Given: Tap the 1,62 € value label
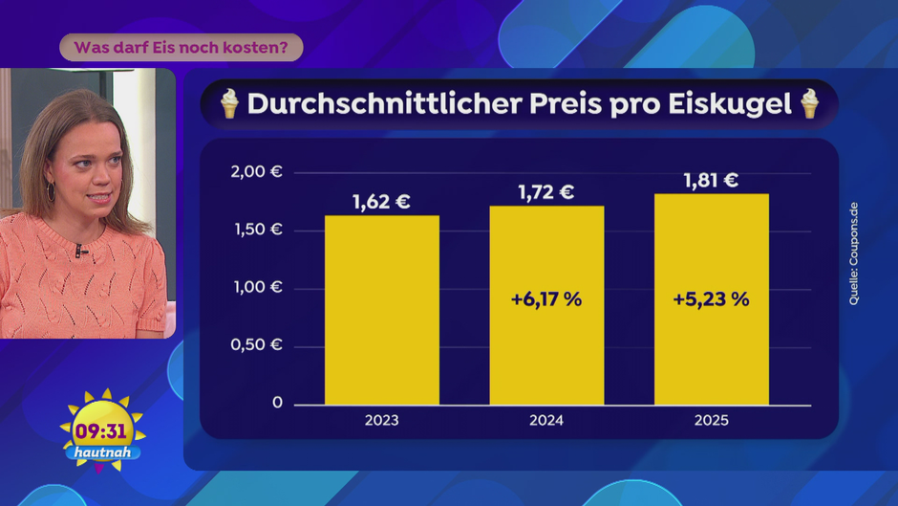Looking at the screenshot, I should (x=381, y=202).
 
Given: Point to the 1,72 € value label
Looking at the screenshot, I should (x=545, y=192).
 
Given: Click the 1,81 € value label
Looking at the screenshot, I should (x=711, y=180).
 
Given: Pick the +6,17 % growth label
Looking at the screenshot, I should (x=545, y=299).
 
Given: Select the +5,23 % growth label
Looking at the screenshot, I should (x=711, y=299).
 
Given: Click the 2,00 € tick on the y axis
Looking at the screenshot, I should (x=257, y=172).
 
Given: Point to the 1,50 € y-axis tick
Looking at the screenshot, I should (x=257, y=230).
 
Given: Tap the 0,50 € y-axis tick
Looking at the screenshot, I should (x=257, y=344).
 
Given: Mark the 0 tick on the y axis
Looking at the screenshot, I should (x=277, y=403).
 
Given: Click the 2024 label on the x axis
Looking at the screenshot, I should (x=545, y=421).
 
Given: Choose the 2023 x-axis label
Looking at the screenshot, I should (x=381, y=421).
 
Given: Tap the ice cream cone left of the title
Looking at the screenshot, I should (x=228, y=103).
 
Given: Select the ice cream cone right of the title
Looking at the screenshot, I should (x=809, y=103).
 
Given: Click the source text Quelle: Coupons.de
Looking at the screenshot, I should (x=853, y=254).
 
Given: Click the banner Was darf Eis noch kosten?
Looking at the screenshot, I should (x=182, y=47).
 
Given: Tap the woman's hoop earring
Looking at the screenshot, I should (x=51, y=191).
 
